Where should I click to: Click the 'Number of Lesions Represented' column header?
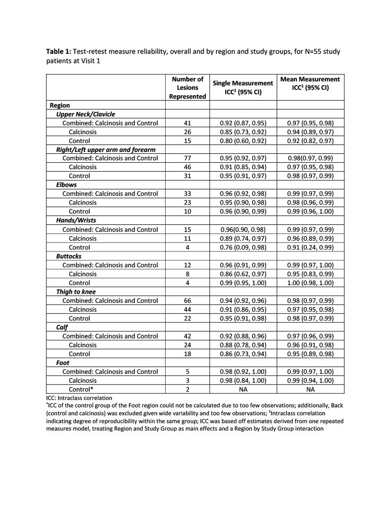187,88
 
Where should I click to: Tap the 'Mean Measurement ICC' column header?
310,83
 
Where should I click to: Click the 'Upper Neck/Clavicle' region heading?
86,114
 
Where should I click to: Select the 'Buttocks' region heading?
70,256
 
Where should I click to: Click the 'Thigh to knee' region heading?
76,291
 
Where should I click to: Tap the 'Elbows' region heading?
67,185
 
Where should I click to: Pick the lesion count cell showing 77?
187,158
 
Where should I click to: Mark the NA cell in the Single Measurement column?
243,389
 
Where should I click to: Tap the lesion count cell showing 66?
187,300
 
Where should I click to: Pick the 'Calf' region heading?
62,327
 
